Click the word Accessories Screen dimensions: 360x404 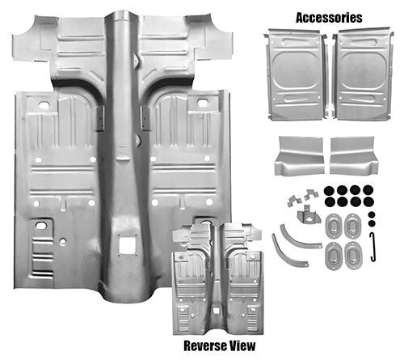coord(329,17)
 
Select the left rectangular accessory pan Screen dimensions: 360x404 coord(294,74)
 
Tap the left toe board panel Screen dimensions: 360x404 coord(298,155)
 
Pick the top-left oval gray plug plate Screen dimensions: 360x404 coord(332,225)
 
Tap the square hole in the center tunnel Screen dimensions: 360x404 coord(126,242)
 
